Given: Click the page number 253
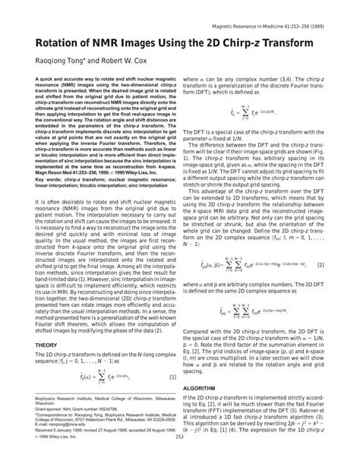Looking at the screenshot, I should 180,458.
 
